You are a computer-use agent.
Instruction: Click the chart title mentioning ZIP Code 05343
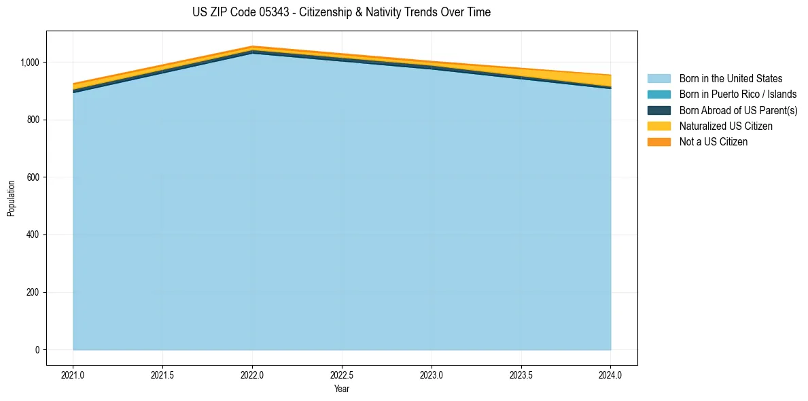click(x=341, y=12)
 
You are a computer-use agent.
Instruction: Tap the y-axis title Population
click(x=11, y=198)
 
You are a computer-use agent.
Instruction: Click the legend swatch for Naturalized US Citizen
click(x=660, y=126)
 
